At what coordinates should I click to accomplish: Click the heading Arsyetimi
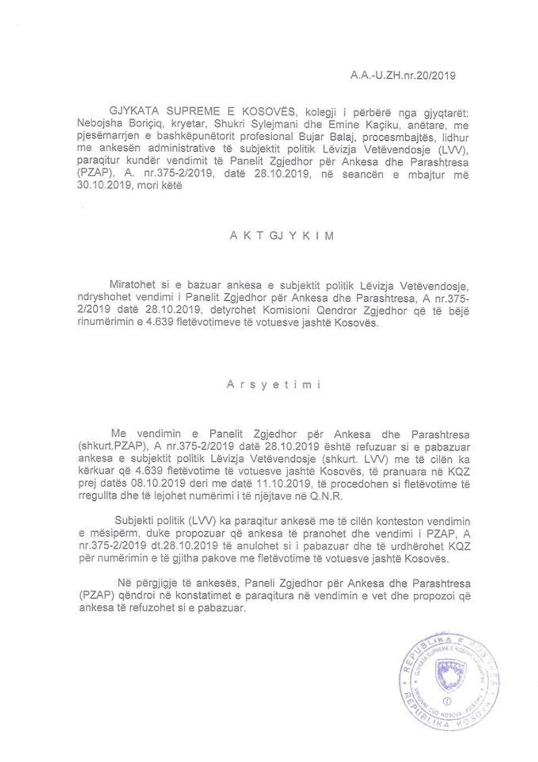click(273, 385)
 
